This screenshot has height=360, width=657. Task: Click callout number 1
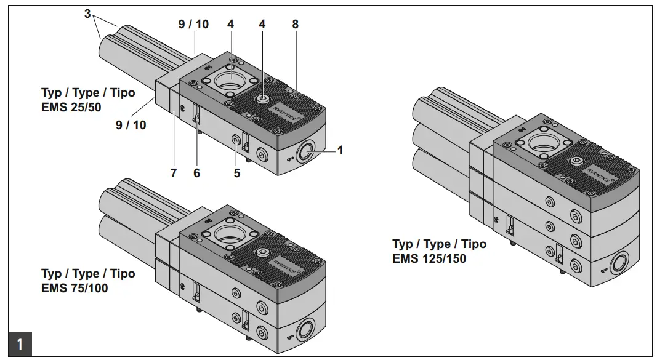tap(340, 150)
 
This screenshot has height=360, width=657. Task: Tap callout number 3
tap(87, 13)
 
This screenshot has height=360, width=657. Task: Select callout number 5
tap(236, 174)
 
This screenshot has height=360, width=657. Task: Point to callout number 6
tap(196, 174)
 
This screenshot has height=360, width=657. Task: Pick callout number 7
tap(174, 174)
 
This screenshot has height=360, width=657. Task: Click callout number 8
tap(296, 25)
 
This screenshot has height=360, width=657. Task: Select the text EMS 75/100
tap(75, 287)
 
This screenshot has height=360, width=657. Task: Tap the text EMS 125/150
tap(429, 258)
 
